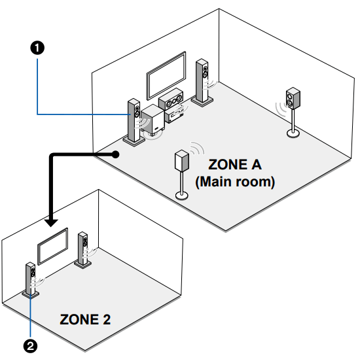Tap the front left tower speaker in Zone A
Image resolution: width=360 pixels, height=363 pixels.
134,120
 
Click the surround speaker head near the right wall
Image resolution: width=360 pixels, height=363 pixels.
293,99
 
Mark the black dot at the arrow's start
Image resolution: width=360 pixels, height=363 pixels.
115,155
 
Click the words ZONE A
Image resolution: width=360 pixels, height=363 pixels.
234,164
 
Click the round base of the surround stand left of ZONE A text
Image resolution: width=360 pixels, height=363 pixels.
181,194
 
